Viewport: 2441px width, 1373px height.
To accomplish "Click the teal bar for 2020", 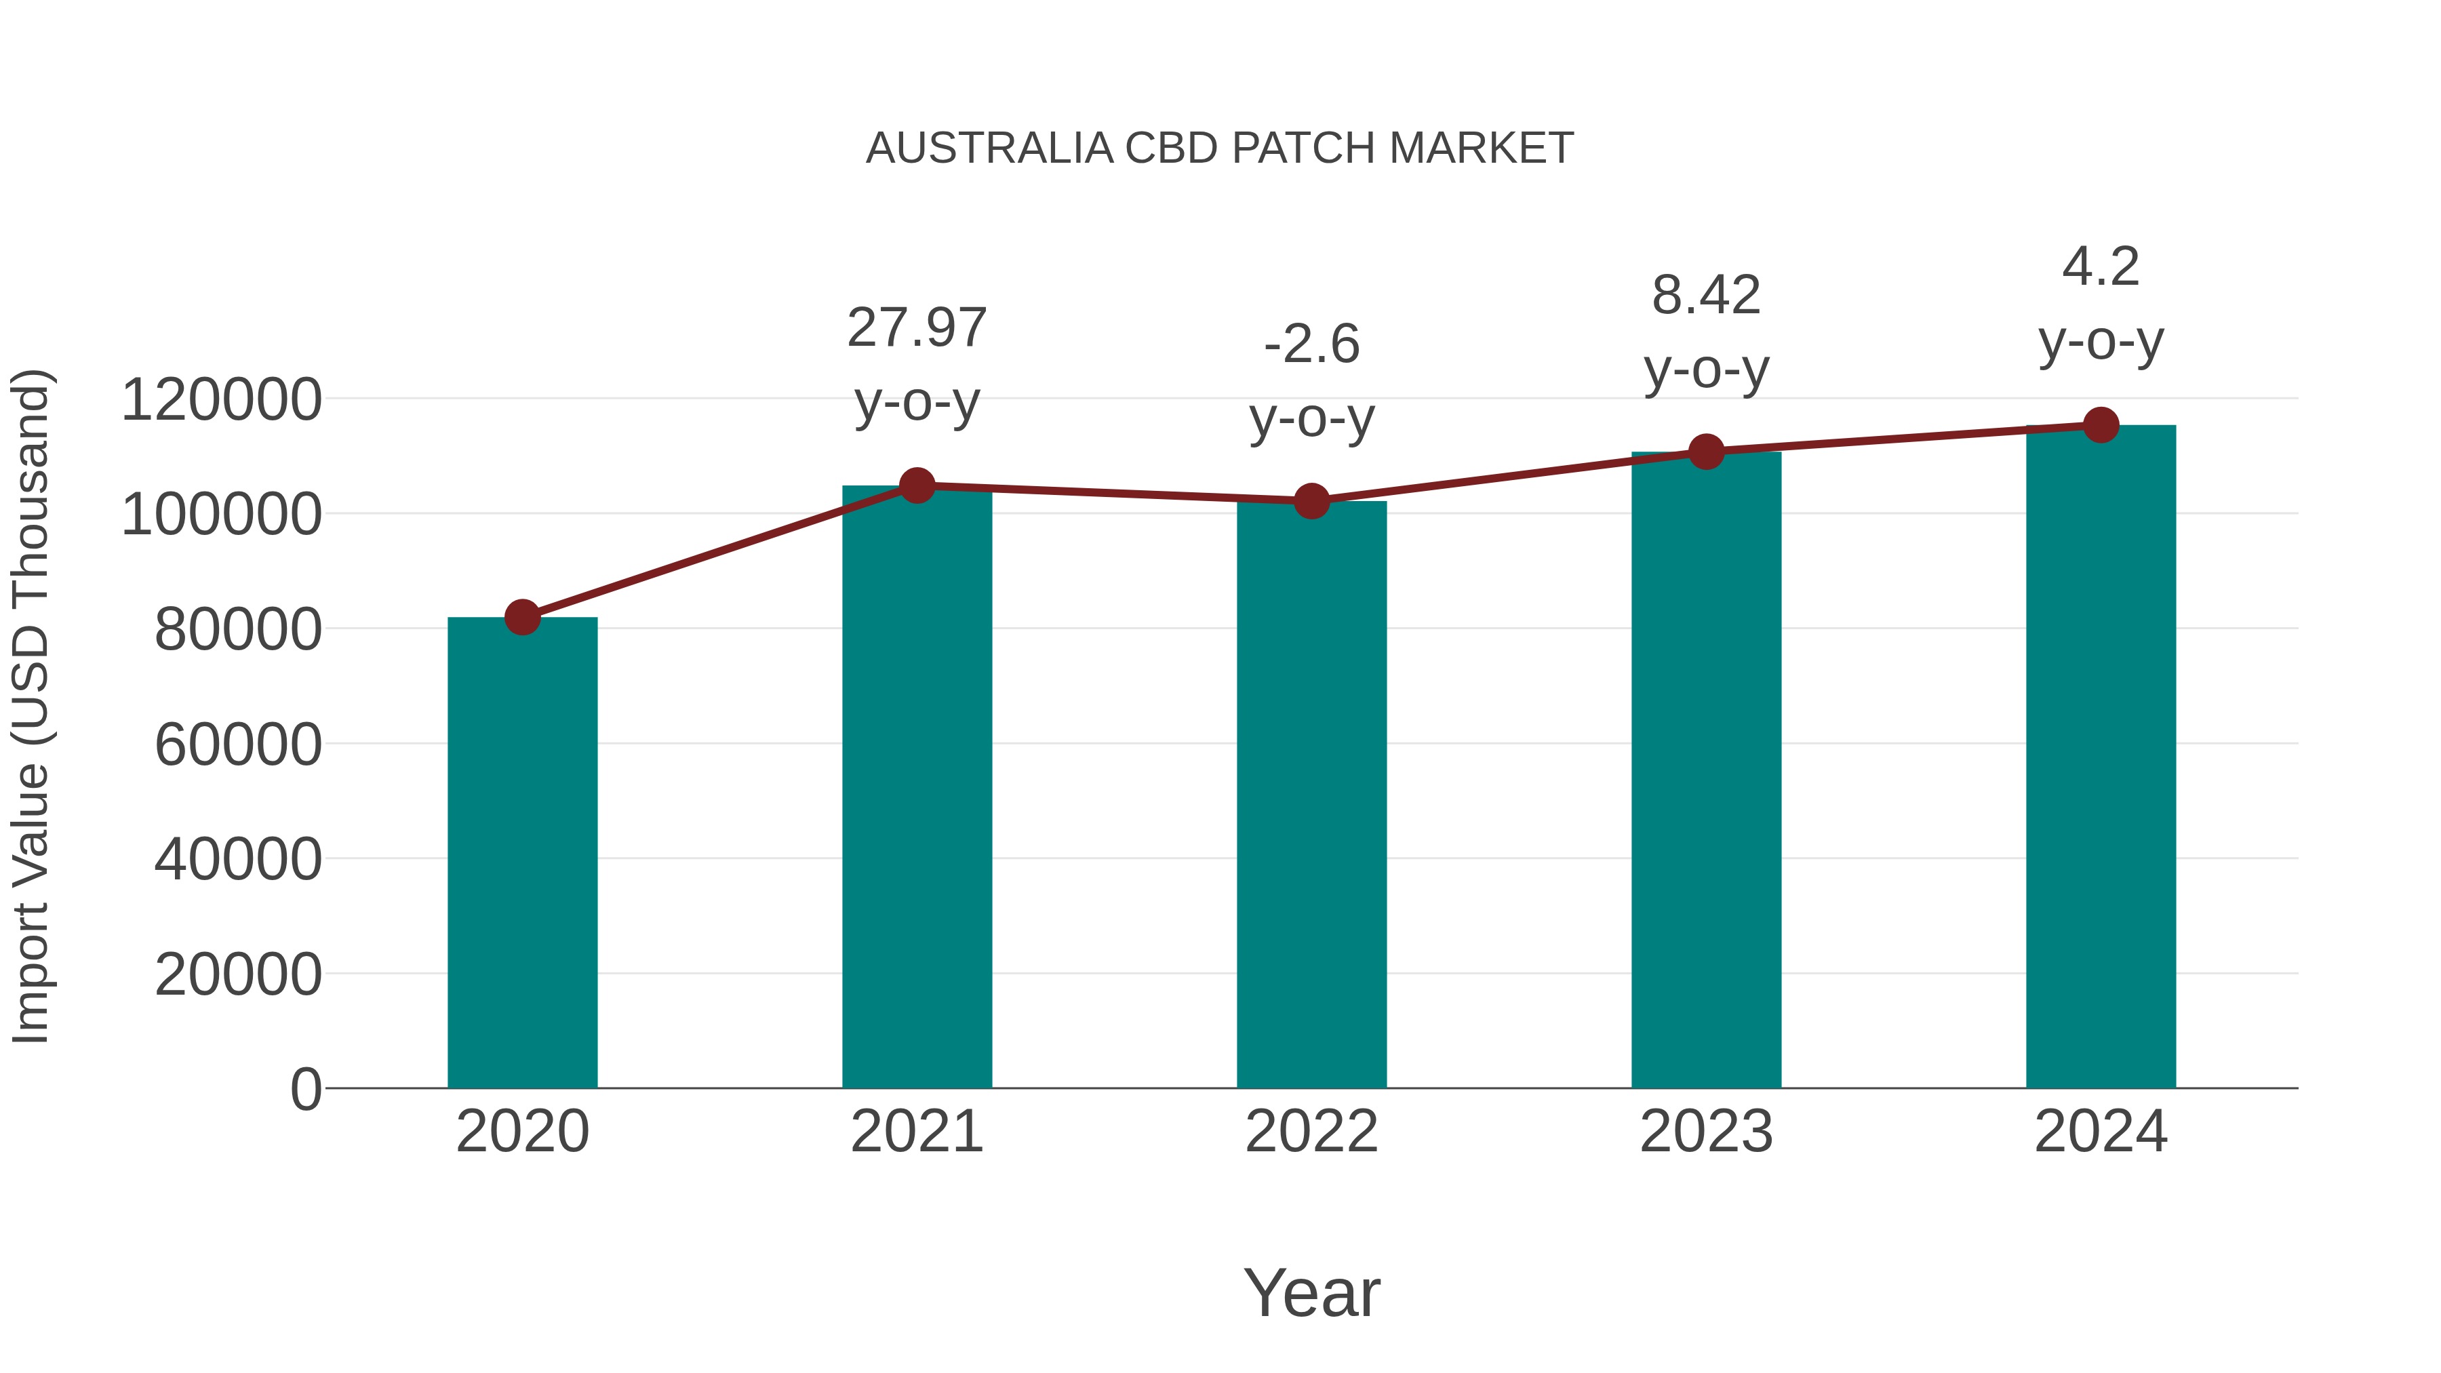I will point(522,853).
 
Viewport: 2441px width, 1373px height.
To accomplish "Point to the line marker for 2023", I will point(1706,452).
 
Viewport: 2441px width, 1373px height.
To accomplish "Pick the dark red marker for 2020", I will point(522,617).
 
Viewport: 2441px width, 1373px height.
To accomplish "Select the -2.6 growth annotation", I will point(1311,344).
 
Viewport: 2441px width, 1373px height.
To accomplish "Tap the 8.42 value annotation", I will point(1706,295).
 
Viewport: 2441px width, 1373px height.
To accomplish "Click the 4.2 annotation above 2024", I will point(2101,266).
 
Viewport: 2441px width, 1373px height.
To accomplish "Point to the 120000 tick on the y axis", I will point(222,399).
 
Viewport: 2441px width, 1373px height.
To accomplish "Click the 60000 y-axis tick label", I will point(238,744).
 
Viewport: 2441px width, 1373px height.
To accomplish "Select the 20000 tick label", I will point(238,974).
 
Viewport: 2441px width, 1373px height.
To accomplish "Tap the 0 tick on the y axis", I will point(306,1089).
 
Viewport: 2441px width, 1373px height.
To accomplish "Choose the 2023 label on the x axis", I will point(1706,1132).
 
